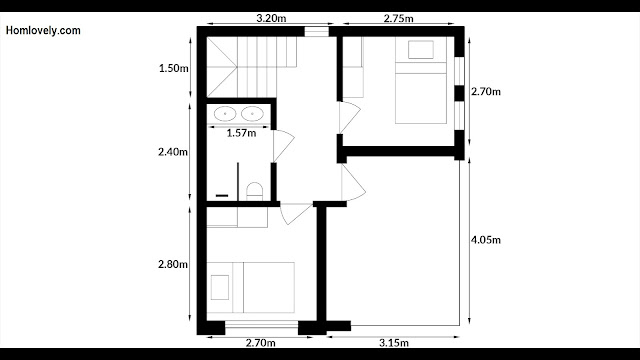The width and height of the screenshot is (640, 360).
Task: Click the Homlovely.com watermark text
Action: tap(43, 31)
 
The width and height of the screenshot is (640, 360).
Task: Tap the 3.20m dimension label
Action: tap(271, 18)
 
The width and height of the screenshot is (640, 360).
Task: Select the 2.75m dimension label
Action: tap(398, 18)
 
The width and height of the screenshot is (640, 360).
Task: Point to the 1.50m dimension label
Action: tap(174, 68)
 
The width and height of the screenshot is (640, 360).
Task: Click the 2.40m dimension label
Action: tap(173, 152)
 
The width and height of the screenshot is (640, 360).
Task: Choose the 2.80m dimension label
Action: tap(173, 264)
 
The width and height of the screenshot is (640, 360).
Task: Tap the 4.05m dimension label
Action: tap(486, 240)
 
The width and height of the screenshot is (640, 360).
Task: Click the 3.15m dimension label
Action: tap(394, 343)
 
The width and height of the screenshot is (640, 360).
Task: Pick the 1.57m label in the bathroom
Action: tap(241, 133)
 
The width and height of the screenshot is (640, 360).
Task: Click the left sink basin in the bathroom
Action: tap(225, 113)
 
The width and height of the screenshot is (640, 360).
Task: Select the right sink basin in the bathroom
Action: tap(252, 113)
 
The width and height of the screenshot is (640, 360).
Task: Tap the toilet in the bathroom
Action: tap(255, 191)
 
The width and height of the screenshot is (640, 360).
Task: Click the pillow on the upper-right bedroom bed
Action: tap(421, 50)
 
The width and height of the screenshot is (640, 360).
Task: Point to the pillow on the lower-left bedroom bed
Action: tap(220, 287)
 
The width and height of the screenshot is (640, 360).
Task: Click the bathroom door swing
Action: tap(283, 146)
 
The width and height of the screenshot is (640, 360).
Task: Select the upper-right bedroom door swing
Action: tap(350, 117)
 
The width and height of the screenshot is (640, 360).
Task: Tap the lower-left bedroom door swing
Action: tap(296, 214)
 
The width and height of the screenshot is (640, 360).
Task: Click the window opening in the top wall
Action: tap(317, 31)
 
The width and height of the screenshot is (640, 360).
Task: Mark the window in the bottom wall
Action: tap(262, 325)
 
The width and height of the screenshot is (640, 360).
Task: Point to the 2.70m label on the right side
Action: tap(486, 92)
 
